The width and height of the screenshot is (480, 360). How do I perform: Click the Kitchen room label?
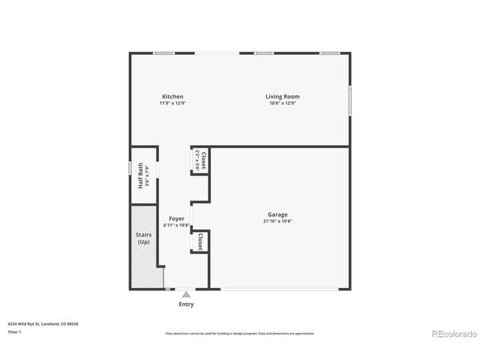click(x=172, y=96)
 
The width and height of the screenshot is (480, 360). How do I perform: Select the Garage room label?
click(x=277, y=214)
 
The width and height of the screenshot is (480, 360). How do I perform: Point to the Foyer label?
click(x=176, y=218)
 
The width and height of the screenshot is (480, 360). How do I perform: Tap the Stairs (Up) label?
click(x=143, y=238)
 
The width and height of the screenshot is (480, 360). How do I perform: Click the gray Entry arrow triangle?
click(x=186, y=295)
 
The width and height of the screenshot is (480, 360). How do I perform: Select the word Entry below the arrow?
click(x=186, y=304)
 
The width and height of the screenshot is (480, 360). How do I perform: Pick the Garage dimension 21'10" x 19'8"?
click(x=277, y=221)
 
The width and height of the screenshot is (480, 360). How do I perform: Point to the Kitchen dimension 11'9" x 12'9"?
click(x=172, y=103)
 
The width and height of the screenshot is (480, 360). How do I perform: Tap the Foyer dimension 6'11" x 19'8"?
click(x=176, y=225)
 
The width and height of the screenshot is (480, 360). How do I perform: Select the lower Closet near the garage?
click(x=200, y=242)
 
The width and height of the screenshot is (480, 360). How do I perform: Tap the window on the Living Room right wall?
click(x=349, y=100)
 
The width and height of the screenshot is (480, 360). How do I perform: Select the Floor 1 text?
click(x=15, y=331)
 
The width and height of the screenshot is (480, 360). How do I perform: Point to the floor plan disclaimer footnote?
click(x=240, y=334)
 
